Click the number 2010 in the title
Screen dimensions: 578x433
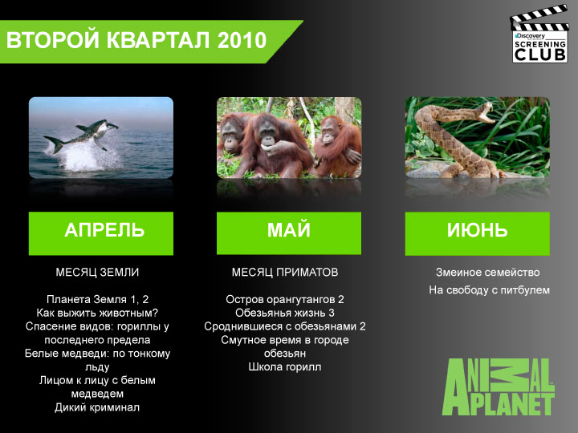pyautogui.click(x=242, y=40)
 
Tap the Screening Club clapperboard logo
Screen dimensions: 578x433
pyautogui.click(x=539, y=34)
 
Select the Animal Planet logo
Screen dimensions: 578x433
pyautogui.click(x=499, y=387)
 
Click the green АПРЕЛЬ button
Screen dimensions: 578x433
pyautogui.click(x=101, y=233)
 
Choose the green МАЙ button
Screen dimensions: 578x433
pyautogui.click(x=289, y=233)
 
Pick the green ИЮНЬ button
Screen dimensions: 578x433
pyautogui.click(x=478, y=233)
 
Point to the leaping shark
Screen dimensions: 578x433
pyautogui.click(x=83, y=136)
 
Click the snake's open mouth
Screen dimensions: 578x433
pyautogui.click(x=486, y=112)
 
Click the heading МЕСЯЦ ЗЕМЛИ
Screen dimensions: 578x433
pyautogui.click(x=97, y=272)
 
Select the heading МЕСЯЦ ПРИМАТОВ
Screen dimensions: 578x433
pyautogui.click(x=285, y=272)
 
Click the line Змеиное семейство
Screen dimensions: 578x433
pyautogui.click(x=488, y=273)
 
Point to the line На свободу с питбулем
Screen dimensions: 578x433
pyautogui.click(x=489, y=290)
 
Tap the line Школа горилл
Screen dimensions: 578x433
pyautogui.click(x=285, y=367)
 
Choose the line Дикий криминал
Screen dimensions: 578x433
pyautogui.click(x=97, y=407)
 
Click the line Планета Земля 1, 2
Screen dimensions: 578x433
pyautogui.click(x=97, y=299)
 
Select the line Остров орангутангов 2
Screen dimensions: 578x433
pyautogui.click(x=285, y=299)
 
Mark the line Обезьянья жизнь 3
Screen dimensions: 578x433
pyautogui.click(x=285, y=313)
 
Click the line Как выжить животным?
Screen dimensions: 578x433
pyautogui.click(x=97, y=313)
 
